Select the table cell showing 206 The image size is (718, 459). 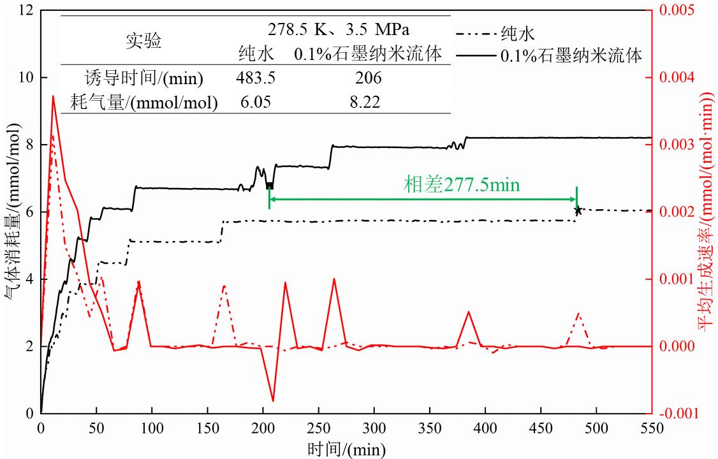pos(368,78)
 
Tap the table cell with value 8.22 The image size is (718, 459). pos(368,102)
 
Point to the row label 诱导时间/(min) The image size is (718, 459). pos(144,78)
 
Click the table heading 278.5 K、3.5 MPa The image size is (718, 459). pos(339,29)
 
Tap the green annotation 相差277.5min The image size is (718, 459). pos(462,185)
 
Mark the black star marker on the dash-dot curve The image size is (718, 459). pos(578,210)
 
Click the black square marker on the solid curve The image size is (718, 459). pos(269,186)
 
